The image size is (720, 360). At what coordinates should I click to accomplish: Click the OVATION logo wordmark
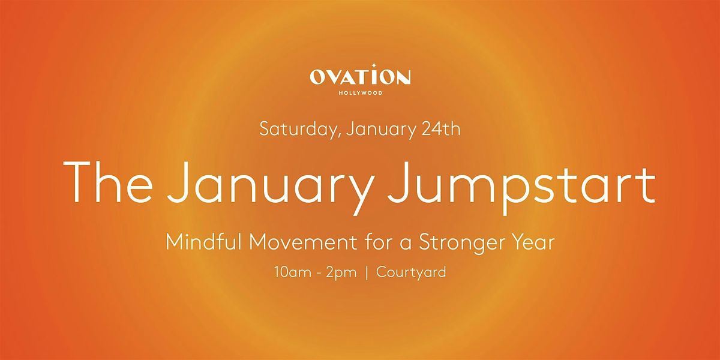[360, 77]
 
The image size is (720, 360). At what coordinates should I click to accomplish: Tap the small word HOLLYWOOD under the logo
[361, 93]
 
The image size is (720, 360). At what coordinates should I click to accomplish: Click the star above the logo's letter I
[373, 66]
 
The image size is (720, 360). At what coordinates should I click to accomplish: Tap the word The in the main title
[108, 182]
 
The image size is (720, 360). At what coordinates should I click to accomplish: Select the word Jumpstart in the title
[521, 188]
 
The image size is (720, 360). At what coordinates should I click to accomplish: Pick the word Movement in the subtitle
[303, 242]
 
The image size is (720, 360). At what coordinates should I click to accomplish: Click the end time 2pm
[341, 274]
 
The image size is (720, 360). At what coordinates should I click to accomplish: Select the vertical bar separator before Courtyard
[367, 273]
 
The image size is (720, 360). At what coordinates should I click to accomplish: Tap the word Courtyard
[411, 273]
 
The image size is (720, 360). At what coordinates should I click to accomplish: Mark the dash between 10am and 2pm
[319, 274]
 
